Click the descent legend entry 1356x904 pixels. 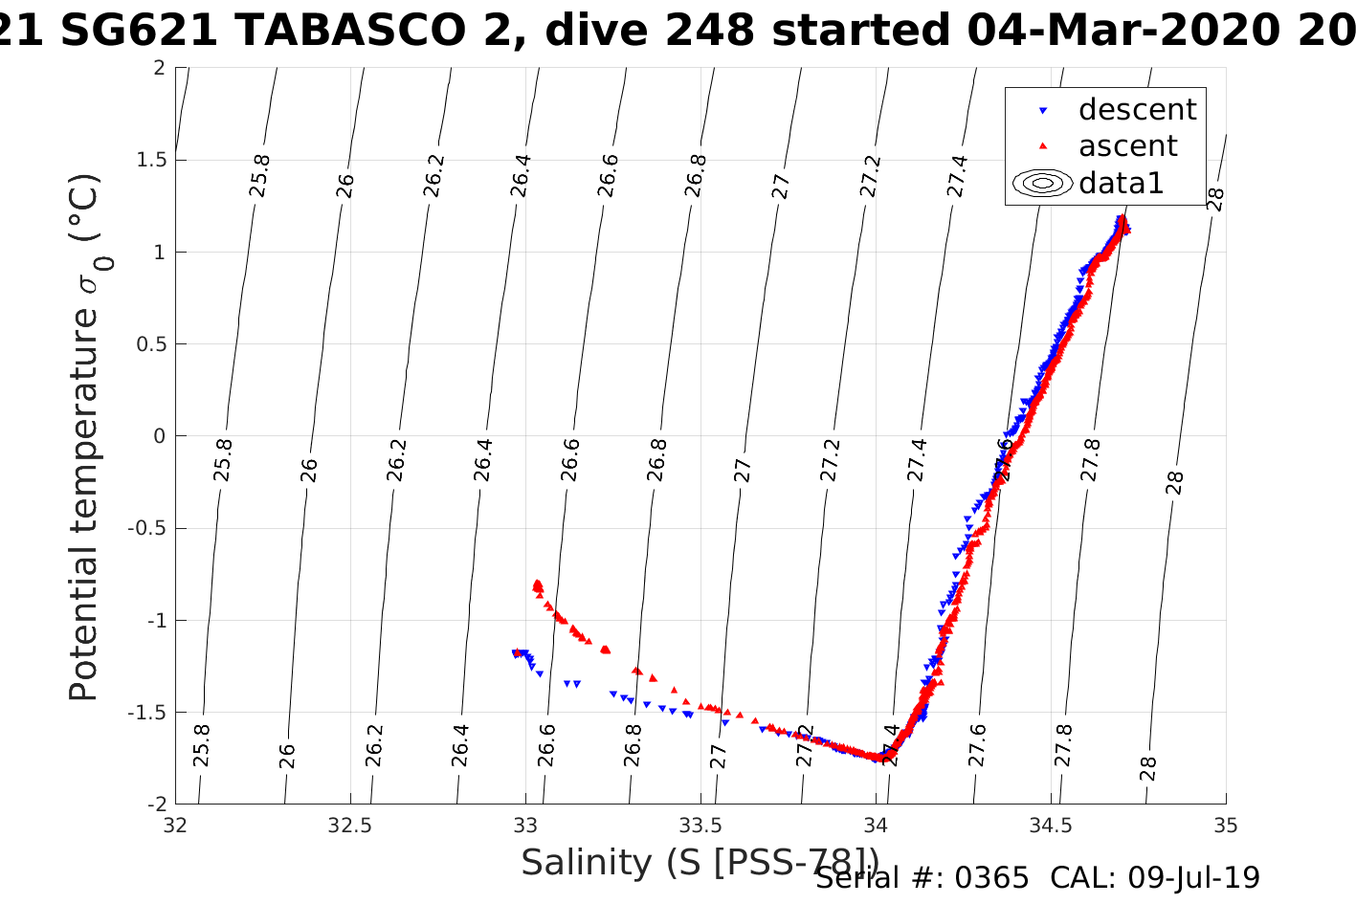click(x=1137, y=110)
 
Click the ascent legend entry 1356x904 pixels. click(x=1127, y=146)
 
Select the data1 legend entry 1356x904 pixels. click(x=1121, y=183)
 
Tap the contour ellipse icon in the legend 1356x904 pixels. click(x=1042, y=183)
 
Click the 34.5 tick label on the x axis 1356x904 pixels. click(x=1051, y=825)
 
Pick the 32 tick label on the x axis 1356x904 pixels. click(x=176, y=825)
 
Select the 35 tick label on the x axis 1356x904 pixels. click(x=1226, y=825)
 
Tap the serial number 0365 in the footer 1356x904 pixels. click(x=989, y=878)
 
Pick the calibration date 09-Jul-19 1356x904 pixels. click(x=1194, y=878)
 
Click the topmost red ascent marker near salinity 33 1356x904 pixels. click(x=537, y=583)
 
